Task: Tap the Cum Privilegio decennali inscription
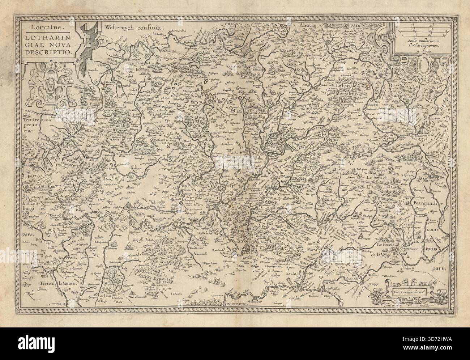point(409,290)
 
